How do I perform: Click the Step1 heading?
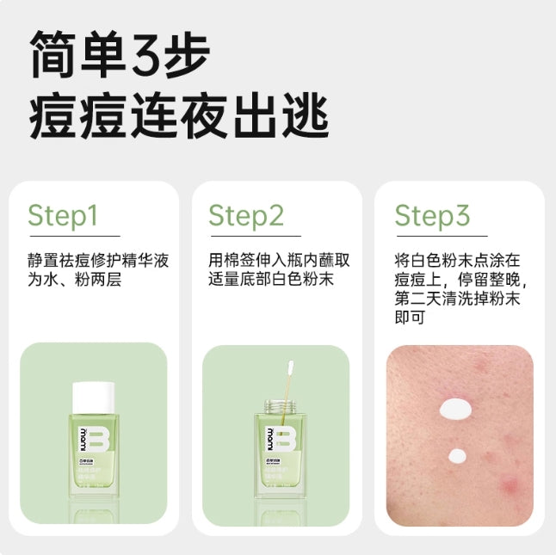click(x=63, y=215)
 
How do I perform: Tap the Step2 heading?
click(x=246, y=215)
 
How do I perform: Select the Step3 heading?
click(x=432, y=215)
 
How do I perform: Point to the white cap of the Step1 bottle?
click(x=93, y=397)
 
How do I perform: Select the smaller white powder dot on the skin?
click(x=457, y=454)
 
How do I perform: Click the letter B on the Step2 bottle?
click(x=280, y=439)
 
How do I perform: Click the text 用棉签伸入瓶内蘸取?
click(x=278, y=261)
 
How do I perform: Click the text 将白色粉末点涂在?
click(x=457, y=261)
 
